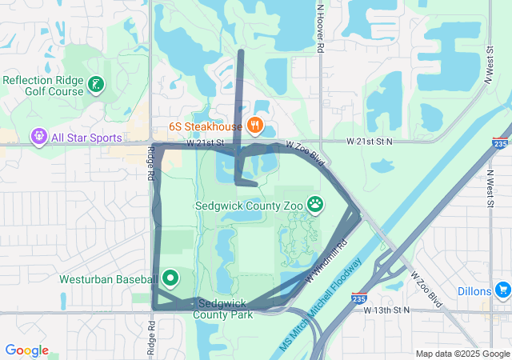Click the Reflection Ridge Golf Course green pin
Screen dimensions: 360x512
click(x=96, y=85)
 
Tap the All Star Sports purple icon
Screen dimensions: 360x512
click(x=38, y=138)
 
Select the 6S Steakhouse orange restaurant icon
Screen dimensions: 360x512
click(x=255, y=125)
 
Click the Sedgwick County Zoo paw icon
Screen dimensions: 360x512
click(x=316, y=205)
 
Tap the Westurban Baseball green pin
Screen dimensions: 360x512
click(x=170, y=278)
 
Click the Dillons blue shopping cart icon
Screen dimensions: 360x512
click(x=502, y=290)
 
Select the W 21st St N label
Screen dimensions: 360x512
click(x=370, y=141)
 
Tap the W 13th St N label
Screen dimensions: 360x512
click(x=386, y=310)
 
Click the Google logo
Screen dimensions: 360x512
click(x=26, y=350)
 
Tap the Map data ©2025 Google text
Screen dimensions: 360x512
click(x=462, y=353)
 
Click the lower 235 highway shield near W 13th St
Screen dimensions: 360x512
click(x=358, y=298)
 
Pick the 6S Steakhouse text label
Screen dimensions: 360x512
click(x=205, y=126)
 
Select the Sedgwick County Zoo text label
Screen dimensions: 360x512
click(x=250, y=206)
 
